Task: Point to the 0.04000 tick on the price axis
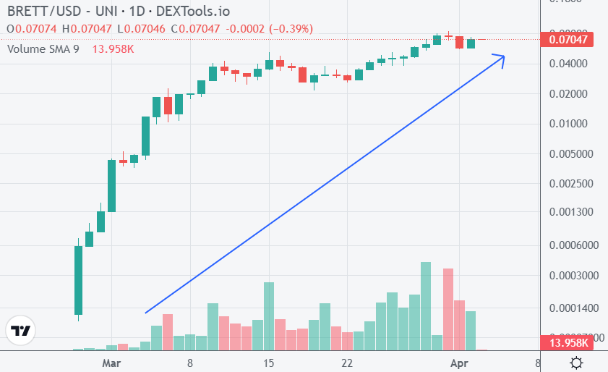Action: tap(570, 64)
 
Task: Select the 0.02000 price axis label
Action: tap(570, 94)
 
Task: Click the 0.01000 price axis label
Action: tap(570, 124)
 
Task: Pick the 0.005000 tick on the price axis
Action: tap(572, 154)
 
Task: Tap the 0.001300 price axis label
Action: tap(572, 213)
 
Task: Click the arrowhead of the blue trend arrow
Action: tap(502, 56)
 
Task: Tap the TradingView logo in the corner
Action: tap(21, 331)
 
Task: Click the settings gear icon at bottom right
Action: tap(577, 362)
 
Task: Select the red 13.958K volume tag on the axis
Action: tap(568, 342)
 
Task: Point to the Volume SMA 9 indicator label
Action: tap(43, 48)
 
